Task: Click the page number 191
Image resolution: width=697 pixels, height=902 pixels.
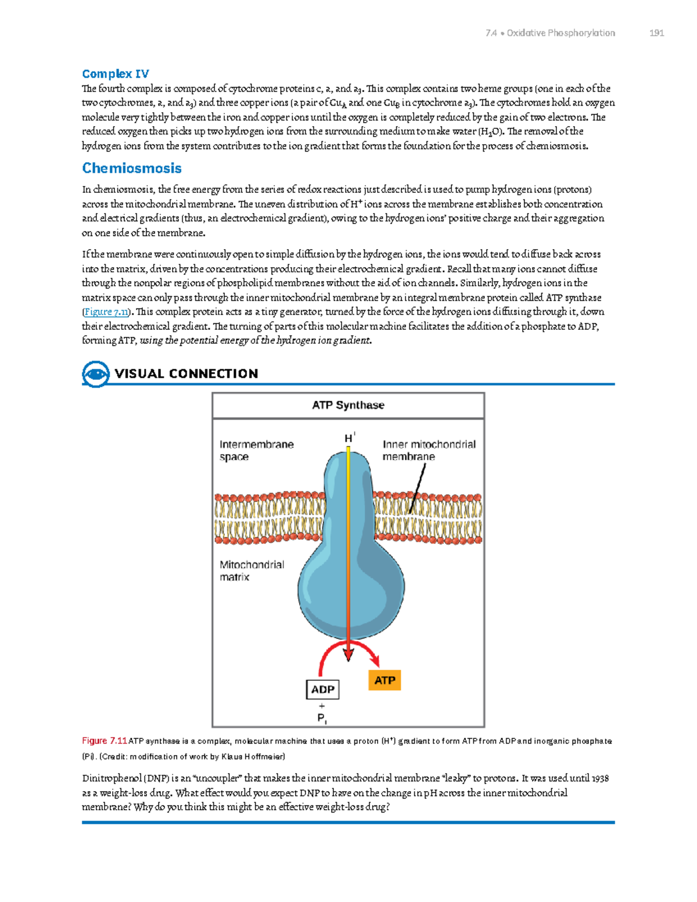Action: click(656, 33)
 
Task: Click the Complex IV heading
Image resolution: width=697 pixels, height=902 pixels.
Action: click(116, 74)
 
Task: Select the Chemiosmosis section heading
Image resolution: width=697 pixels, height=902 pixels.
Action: click(132, 168)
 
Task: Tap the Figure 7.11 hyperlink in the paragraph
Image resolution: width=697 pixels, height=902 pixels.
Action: click(106, 312)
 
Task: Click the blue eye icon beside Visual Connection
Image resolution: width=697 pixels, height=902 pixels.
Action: click(95, 373)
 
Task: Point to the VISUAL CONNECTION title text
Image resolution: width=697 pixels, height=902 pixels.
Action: click(186, 373)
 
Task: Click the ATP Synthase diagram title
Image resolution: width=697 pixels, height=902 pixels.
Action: click(348, 405)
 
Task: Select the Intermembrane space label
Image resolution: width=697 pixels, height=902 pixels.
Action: click(256, 450)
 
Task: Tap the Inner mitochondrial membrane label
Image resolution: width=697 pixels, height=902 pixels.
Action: click(429, 450)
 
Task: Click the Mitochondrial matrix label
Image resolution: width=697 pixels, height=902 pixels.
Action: click(252, 570)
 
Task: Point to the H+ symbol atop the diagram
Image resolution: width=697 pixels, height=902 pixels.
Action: click(349, 438)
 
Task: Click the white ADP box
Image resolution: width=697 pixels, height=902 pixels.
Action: click(322, 689)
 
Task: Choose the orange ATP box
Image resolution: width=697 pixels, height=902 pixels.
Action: click(385, 680)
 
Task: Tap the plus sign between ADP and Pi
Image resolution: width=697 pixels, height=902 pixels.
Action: click(322, 706)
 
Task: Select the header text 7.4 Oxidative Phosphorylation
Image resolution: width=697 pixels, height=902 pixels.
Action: click(550, 33)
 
